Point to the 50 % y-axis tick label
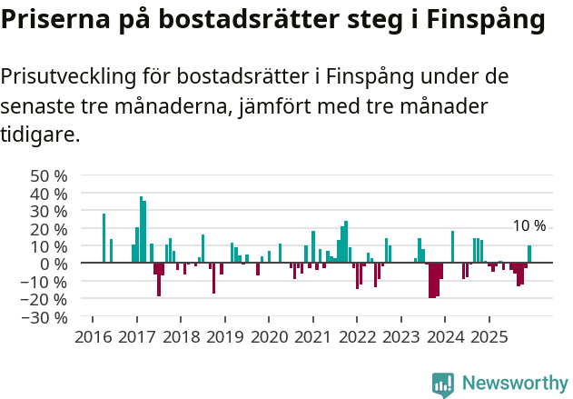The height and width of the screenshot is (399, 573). point(49,175)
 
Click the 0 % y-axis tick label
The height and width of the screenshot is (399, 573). point(54,264)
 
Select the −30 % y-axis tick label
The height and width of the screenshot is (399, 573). point(46,317)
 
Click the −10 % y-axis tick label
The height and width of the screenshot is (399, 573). point(46,282)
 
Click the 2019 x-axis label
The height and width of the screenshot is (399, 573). point(224,337)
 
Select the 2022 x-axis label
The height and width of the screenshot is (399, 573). point(357,337)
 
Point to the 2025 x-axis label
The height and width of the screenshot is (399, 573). point(489,337)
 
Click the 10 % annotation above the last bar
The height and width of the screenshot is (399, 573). point(529,226)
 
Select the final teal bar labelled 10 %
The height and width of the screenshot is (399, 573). point(529,254)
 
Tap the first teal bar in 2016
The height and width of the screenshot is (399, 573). point(104,238)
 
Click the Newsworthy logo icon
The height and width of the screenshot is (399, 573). point(443,384)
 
